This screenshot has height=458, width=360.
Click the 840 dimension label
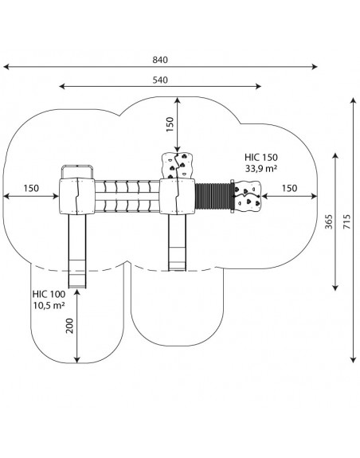160,60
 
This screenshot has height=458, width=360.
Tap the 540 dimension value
160,80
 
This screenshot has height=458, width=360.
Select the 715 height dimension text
346,221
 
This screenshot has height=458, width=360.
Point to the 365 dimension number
329,221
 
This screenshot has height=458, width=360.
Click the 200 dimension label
70,326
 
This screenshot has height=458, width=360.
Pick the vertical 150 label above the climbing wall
170,124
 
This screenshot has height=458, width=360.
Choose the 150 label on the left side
31,188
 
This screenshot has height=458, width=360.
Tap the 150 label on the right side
289,188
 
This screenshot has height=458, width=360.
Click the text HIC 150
261,158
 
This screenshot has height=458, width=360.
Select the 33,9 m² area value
261,169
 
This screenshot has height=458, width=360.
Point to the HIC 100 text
49,294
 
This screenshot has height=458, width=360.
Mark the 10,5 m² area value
49,305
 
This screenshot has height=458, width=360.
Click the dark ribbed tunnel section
213,196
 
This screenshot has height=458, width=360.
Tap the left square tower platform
77,196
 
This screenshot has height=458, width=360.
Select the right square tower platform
177,196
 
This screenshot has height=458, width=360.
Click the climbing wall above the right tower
178,166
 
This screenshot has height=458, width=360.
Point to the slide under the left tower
77,251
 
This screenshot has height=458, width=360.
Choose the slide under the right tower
177,242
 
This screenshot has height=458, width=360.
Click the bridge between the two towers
127,196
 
